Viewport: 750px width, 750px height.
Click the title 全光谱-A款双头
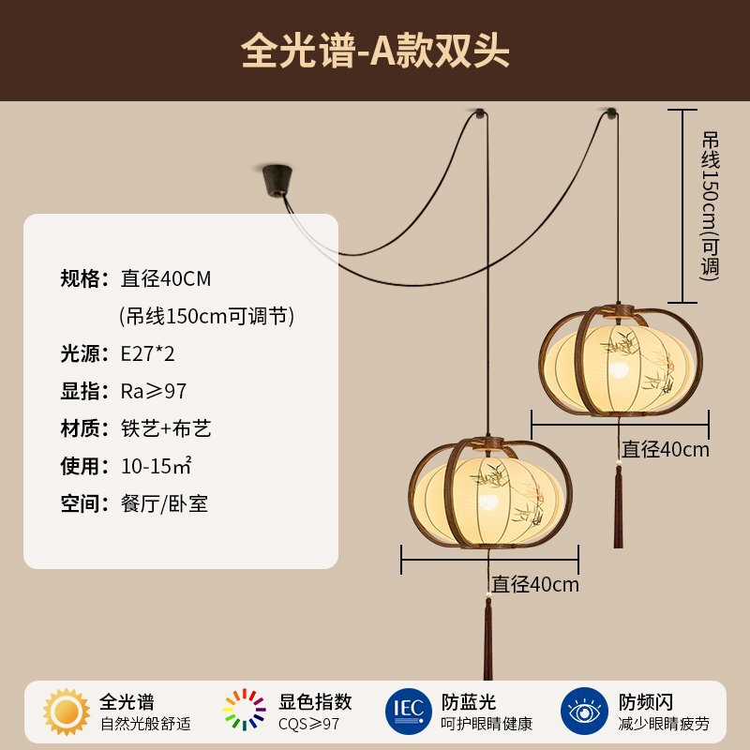(375, 51)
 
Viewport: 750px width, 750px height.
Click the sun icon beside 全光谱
(67, 711)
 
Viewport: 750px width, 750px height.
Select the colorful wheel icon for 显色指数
(245, 711)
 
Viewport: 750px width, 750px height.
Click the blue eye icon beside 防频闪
(584, 711)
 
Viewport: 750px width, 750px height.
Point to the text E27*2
(147, 353)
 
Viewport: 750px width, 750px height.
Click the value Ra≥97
(154, 391)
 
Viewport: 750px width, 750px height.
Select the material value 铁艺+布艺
(166, 428)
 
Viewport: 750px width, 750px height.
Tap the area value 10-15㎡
(157, 466)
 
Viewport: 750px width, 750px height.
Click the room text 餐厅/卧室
(164, 503)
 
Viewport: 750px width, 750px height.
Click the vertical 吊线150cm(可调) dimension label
(711, 204)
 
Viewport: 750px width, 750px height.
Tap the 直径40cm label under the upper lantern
(667, 449)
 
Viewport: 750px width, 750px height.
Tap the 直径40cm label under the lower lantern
(536, 584)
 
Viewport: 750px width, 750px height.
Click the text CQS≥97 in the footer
(308, 723)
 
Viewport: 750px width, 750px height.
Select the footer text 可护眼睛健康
(487, 723)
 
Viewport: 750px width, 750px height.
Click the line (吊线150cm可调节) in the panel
(207, 316)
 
